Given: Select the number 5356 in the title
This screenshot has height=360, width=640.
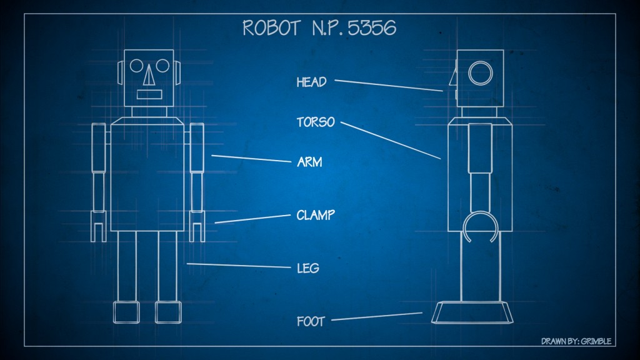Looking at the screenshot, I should (x=372, y=28).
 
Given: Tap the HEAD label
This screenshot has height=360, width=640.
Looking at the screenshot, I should (x=311, y=82).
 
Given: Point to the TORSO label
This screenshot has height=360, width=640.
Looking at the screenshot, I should (x=316, y=122).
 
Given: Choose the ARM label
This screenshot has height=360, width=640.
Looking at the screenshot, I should (x=309, y=162).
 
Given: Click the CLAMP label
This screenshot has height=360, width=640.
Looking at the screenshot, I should (x=316, y=216).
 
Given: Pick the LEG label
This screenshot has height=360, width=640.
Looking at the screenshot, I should (x=308, y=268).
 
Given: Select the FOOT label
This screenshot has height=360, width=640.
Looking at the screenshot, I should (x=311, y=322).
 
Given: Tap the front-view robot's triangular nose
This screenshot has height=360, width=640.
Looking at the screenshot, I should (x=149, y=77).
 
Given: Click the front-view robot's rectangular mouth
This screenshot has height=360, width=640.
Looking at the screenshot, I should (x=149, y=95).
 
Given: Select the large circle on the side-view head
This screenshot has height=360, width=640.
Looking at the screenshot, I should (x=481, y=73).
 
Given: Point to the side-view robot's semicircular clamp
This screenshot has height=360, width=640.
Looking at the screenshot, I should (x=479, y=225).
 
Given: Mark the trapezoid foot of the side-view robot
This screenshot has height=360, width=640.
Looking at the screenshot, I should (x=474, y=312).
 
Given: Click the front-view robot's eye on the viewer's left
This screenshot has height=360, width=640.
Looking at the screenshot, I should (x=137, y=64).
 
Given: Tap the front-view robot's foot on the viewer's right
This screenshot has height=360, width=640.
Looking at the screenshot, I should (x=168, y=312).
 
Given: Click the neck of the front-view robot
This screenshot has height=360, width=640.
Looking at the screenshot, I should (x=149, y=111).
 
